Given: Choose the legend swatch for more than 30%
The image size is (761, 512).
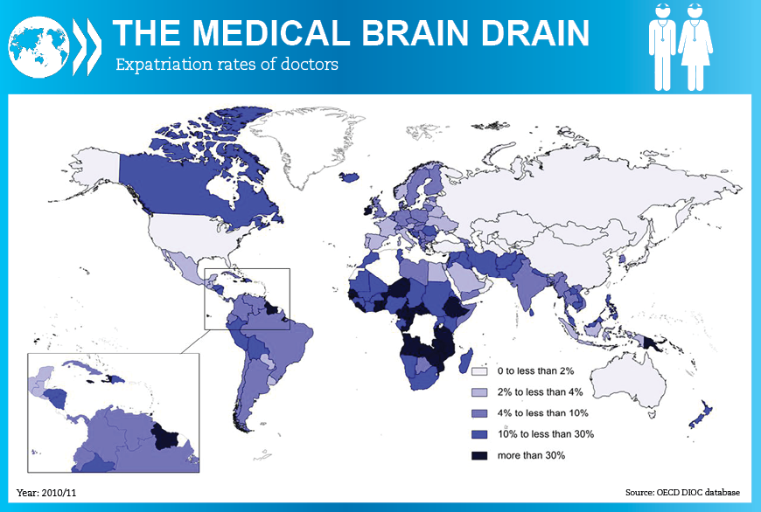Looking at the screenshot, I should pyautogui.click(x=478, y=456).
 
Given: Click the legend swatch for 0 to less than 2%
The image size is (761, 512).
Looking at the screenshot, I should pyautogui.click(x=478, y=370).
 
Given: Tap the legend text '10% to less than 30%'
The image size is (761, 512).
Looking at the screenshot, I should pyautogui.click(x=546, y=434).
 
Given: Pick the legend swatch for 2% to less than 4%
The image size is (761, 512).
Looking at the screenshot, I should pyautogui.click(x=478, y=391).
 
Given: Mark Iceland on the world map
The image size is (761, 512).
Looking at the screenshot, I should pyautogui.click(x=349, y=176).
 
